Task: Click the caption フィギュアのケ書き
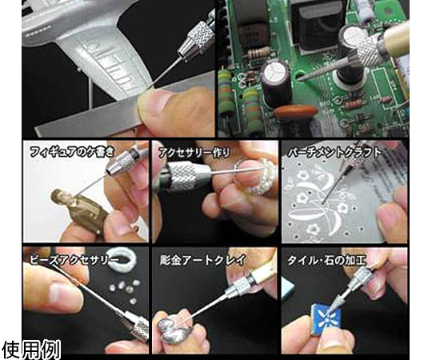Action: [x=72, y=152]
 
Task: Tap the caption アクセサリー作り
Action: [x=194, y=152]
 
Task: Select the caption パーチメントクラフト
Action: [x=334, y=153]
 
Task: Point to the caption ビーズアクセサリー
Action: [x=74, y=260]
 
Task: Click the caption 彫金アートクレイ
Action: [x=202, y=260]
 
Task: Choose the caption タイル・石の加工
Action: [x=326, y=260]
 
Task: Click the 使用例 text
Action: [x=31, y=350]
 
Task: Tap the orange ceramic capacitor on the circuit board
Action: [x=296, y=111]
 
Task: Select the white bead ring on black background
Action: [x=122, y=259]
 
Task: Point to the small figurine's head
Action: [x=60, y=198]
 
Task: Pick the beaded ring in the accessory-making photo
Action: [x=255, y=176]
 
